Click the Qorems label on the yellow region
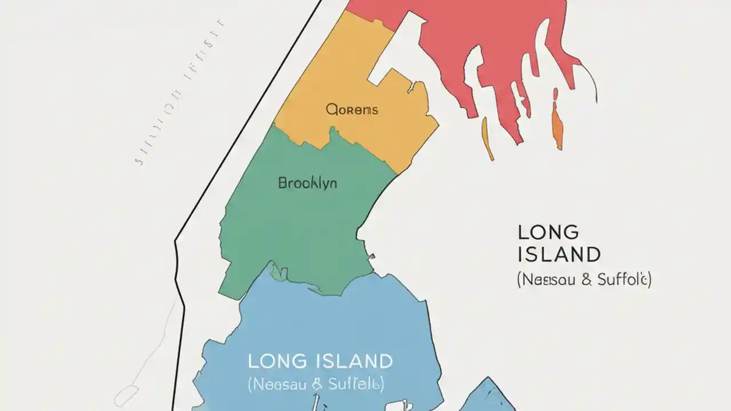point(352,110)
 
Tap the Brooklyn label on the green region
point(307,183)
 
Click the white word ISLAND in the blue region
point(353,361)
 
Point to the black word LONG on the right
point(548,232)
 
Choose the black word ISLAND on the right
point(559,254)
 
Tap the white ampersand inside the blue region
point(318,384)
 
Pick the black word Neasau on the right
point(547,280)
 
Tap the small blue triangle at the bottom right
point(485,397)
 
